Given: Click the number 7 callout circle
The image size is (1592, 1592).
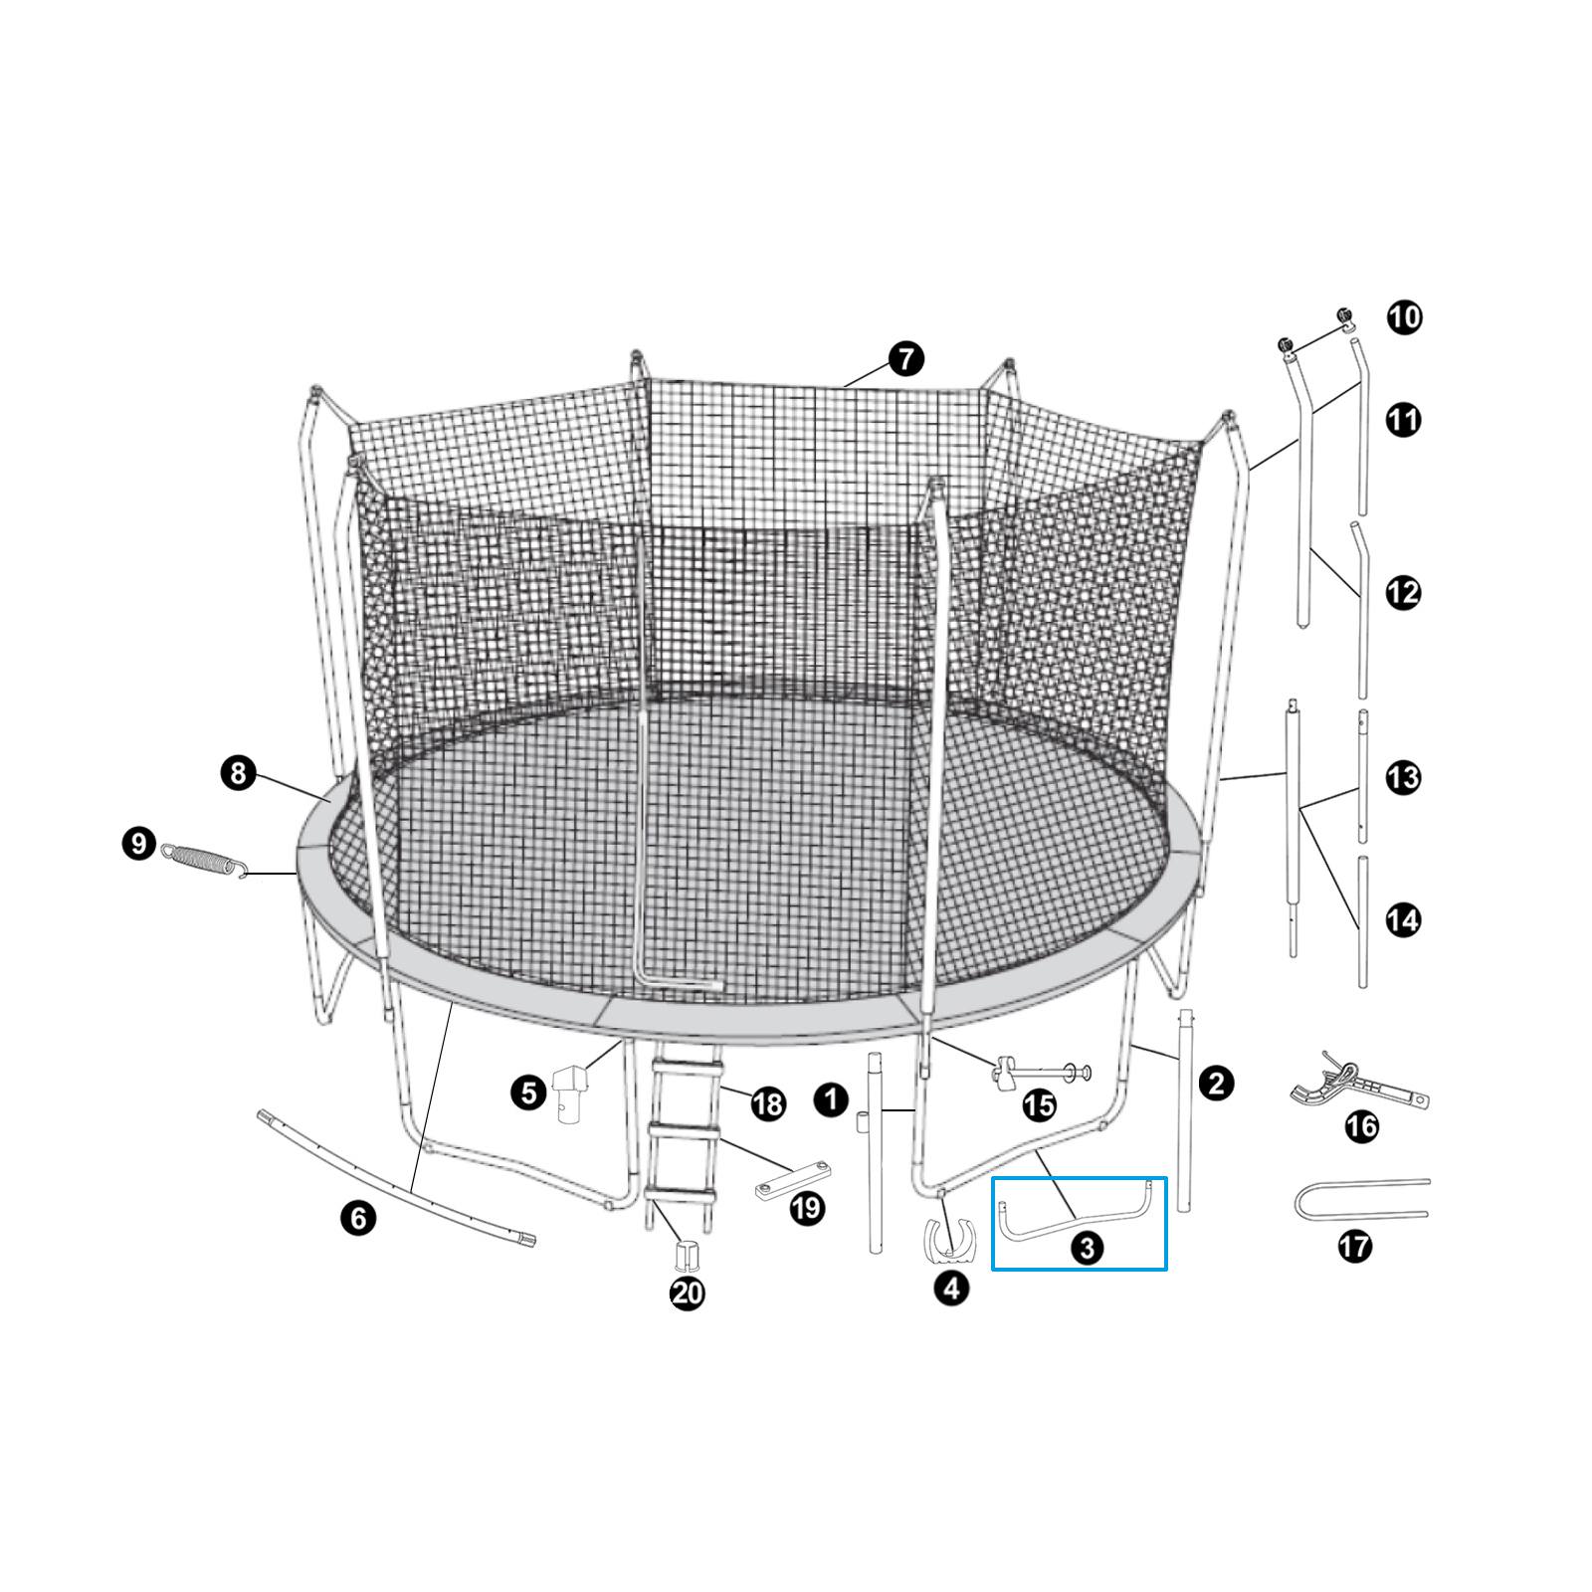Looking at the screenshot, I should [905, 359].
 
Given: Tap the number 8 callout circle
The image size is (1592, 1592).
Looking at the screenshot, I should [239, 773].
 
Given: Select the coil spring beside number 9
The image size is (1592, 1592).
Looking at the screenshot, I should [205, 860].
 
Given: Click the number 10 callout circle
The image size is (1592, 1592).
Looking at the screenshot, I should [1404, 318].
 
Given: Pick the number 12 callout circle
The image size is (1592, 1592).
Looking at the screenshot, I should [1403, 593].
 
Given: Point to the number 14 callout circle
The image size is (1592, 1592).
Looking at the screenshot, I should [1403, 920].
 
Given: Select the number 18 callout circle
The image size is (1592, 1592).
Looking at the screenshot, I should [768, 1103].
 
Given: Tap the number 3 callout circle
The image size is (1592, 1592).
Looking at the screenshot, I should [1086, 1247].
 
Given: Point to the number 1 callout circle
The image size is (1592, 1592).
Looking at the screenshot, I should [831, 1099].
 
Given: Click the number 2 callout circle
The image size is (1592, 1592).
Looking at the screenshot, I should [1216, 1084].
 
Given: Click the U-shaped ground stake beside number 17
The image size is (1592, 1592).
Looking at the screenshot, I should [1361, 1199].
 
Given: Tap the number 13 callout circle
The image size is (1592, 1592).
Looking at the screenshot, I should [1403, 777].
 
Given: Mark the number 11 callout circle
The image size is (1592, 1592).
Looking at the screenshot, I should [1403, 420].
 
